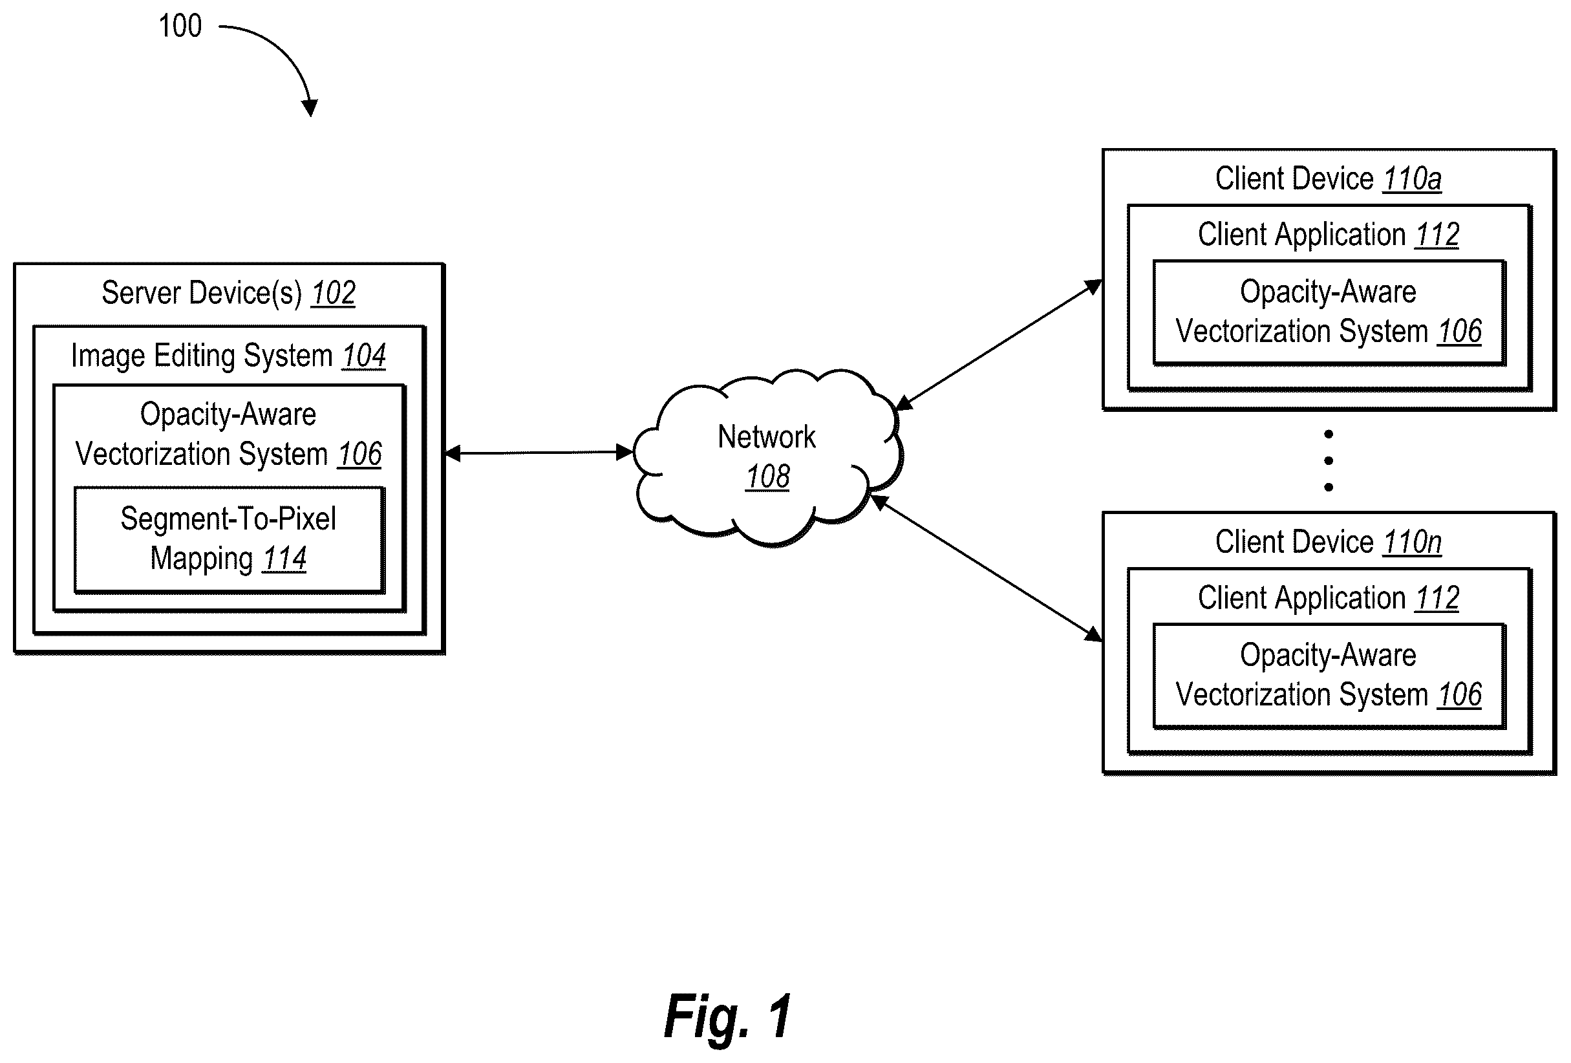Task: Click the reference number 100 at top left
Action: click(180, 27)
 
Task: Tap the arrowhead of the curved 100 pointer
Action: click(310, 107)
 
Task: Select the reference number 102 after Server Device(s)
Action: click(333, 294)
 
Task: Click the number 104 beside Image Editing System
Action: click(364, 356)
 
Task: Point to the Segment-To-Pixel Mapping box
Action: click(229, 540)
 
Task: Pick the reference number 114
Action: click(284, 559)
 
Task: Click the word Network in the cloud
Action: click(767, 437)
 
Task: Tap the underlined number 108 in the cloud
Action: click(767, 477)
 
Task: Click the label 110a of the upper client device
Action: click(1412, 179)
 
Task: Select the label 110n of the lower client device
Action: click(1412, 542)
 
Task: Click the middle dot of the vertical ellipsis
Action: click(1329, 460)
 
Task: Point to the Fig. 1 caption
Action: click(727, 1016)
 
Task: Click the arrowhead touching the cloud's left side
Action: click(625, 452)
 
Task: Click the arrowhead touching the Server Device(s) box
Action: click(454, 454)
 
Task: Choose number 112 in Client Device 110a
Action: click(1437, 235)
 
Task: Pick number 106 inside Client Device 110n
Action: click(1459, 695)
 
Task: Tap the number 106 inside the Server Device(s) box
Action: click(359, 455)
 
